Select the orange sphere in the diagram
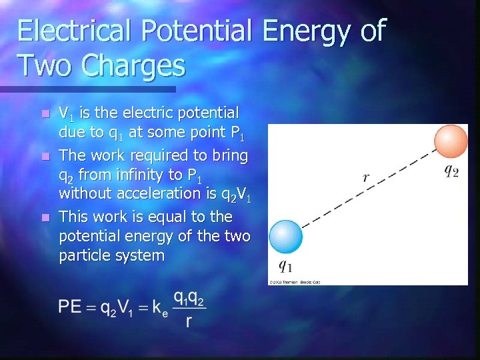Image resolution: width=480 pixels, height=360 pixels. click(x=451, y=141)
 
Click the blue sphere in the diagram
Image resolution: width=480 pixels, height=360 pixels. click(x=285, y=237)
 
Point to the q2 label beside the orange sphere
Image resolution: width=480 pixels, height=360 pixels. click(x=451, y=171)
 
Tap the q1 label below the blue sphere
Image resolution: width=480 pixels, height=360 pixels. click(x=285, y=267)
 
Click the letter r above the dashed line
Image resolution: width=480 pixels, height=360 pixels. click(x=366, y=177)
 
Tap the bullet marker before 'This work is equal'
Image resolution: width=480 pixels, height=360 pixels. click(x=45, y=218)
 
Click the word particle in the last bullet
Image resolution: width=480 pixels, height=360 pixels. click(x=84, y=255)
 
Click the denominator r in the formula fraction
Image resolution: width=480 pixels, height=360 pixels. click(x=190, y=322)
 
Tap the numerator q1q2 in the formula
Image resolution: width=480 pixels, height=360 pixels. click(x=190, y=297)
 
